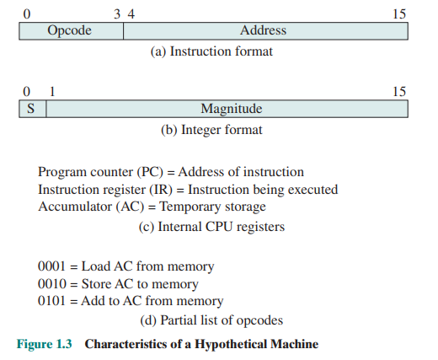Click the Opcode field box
tap(71, 31)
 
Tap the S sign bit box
tap(32, 109)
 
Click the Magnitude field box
tap(227, 109)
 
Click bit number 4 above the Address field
tap(131, 13)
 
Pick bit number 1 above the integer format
tap(52, 91)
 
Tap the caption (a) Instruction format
tap(211, 51)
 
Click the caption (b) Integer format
tap(211, 130)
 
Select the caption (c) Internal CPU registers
tap(211, 226)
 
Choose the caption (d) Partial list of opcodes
tap(211, 320)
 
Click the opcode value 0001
tap(53, 266)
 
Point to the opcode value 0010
tap(53, 284)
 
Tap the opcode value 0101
tap(53, 301)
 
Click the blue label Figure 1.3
tap(46, 344)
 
